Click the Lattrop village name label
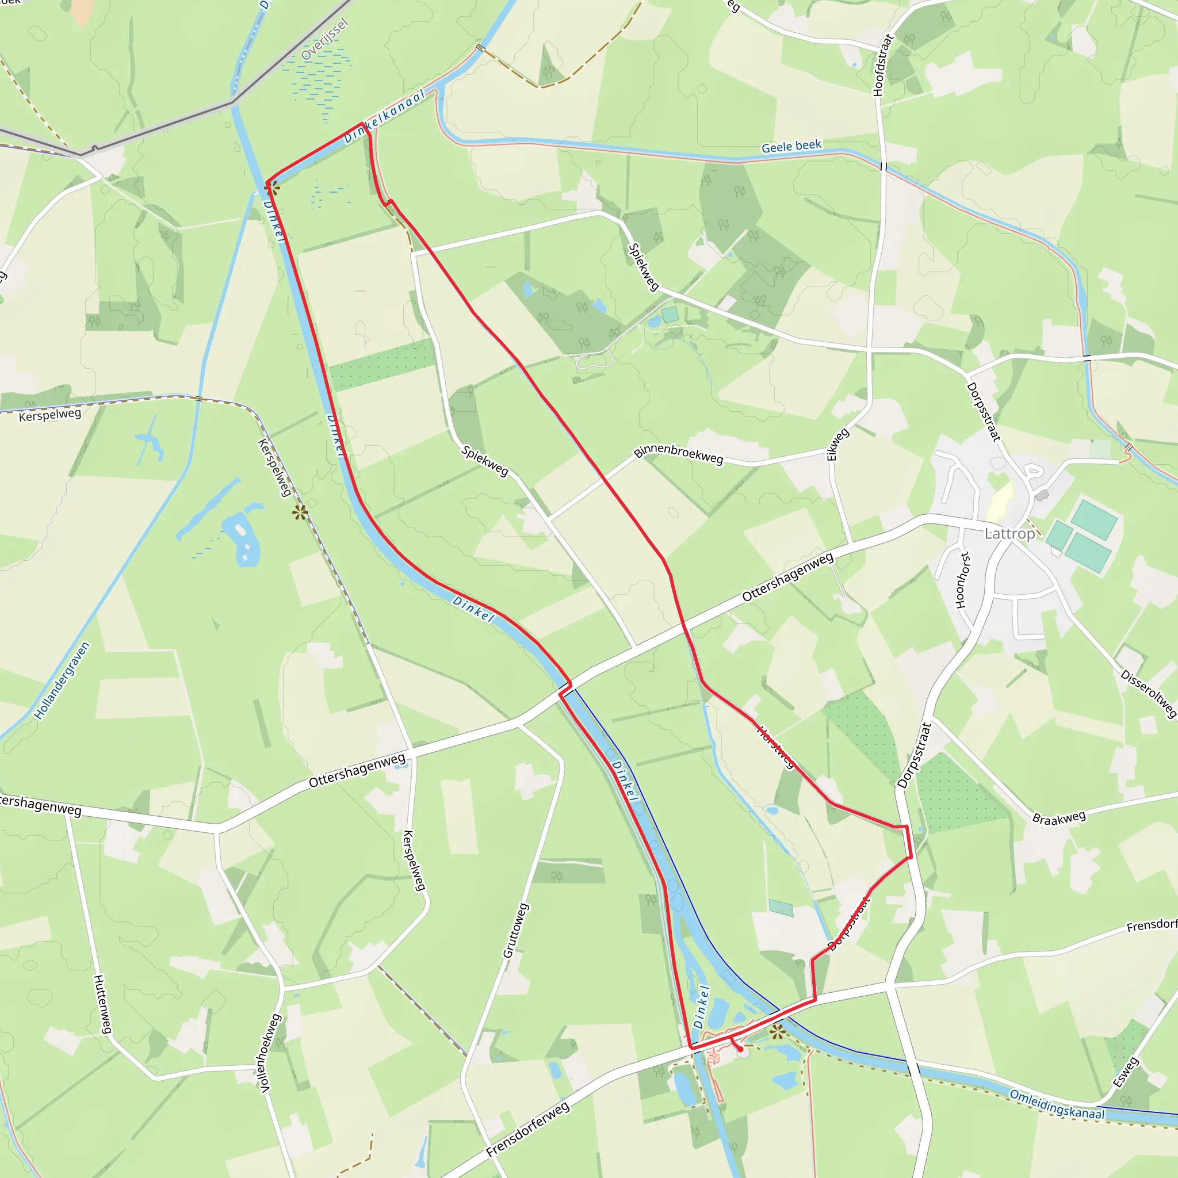pyautogui.click(x=1009, y=534)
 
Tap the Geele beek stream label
pyautogui.click(x=791, y=146)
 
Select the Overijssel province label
pyautogui.click(x=324, y=40)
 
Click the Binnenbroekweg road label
pyautogui.click(x=678, y=454)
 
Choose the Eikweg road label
pyautogui.click(x=837, y=445)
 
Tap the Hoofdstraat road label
pyautogui.click(x=882, y=64)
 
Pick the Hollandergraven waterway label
pyautogui.click(x=62, y=680)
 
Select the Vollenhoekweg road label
pyautogui.click(x=269, y=1053)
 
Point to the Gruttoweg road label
pyautogui.click(x=515, y=931)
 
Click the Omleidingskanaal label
pyautogui.click(x=1057, y=1104)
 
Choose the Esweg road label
pyautogui.click(x=1125, y=1073)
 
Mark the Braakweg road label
pyautogui.click(x=1058, y=818)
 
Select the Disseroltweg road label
pyautogui.click(x=1148, y=694)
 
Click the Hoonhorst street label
pyautogui.click(x=962, y=580)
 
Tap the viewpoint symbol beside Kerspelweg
pyautogui.click(x=299, y=512)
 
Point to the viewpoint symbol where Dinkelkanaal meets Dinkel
pyautogui.click(x=272, y=187)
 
